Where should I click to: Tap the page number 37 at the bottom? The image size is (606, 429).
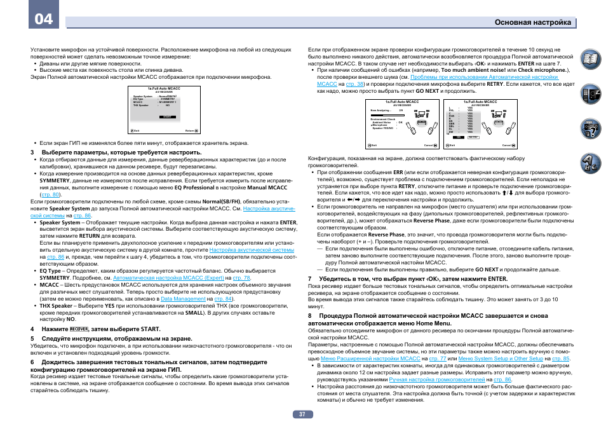(303, 414)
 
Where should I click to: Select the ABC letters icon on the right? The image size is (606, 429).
(590, 163)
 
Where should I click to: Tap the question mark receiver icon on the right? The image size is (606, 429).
(590, 129)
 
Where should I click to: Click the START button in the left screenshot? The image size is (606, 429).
(167, 117)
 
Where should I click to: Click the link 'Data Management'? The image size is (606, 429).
(183, 298)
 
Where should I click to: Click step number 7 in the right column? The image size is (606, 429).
(310, 278)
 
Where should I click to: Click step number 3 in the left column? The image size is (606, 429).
(32, 153)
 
